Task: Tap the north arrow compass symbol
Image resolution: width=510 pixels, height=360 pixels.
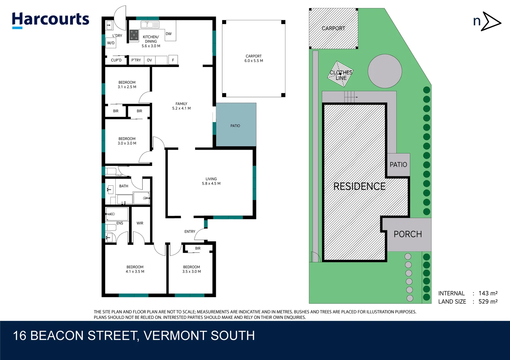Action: point(487,22)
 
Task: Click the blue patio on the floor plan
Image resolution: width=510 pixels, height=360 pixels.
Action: point(236,125)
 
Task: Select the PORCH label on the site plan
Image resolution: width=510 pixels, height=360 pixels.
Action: point(408,234)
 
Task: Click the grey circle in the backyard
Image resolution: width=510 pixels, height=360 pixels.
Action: point(385,71)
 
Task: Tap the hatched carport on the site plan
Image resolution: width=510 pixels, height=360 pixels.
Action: point(333,29)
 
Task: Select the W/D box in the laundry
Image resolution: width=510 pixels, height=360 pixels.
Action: point(111,43)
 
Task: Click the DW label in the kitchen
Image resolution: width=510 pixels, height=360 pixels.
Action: point(169,34)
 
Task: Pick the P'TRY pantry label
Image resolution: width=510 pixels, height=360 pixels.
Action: point(136,60)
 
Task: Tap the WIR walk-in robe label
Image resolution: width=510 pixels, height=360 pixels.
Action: point(140,223)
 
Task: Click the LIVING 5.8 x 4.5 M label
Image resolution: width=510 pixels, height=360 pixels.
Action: point(211,181)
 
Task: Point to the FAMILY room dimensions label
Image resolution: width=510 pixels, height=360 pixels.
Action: point(181,108)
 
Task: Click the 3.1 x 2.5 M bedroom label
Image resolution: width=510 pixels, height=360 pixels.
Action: point(127,87)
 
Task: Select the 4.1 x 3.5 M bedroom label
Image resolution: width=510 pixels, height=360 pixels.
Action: point(135,272)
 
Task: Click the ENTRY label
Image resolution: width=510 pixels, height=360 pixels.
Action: point(190,232)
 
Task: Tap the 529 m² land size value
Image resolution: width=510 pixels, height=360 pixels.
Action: point(488,302)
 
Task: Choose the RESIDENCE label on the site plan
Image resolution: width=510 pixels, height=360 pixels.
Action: point(359,186)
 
